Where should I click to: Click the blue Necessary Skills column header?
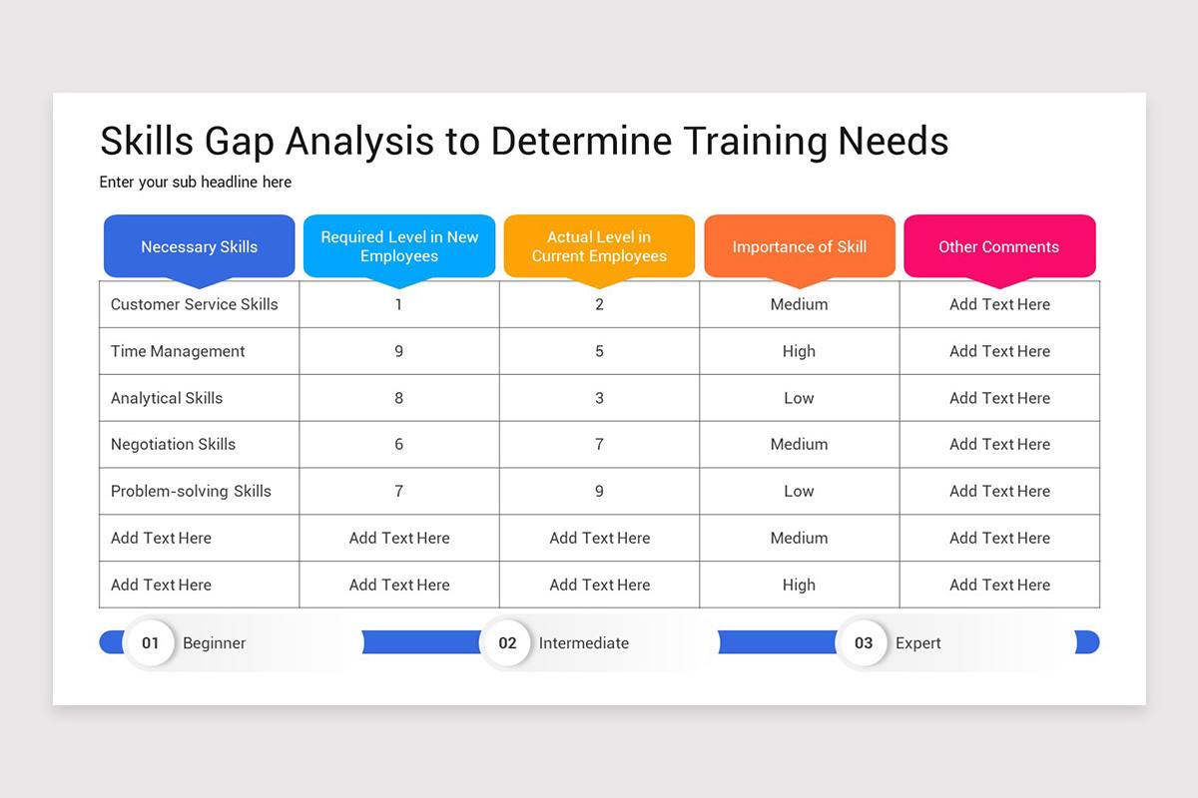coord(200,246)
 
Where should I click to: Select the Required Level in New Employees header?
coord(399,246)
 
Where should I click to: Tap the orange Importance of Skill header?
coord(800,246)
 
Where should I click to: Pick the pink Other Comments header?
coord(999,246)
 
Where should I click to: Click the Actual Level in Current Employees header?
coord(599,246)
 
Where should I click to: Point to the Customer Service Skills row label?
coord(195,304)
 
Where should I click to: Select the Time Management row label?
coord(178,351)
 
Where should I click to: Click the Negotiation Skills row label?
coord(174,444)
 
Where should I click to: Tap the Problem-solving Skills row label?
coord(191,491)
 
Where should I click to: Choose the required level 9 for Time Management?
coord(399,351)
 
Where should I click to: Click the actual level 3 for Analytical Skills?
coord(599,398)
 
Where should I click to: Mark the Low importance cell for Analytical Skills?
coord(799,398)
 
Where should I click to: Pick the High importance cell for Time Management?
coord(799,351)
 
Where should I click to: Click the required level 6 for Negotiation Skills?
coord(399,444)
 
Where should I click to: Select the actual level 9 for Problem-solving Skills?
coord(599,491)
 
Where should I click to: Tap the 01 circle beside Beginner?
coord(150,642)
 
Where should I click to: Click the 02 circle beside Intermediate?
coord(507,642)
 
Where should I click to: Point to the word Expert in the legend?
coord(918,643)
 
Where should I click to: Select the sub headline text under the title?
coord(196,182)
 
